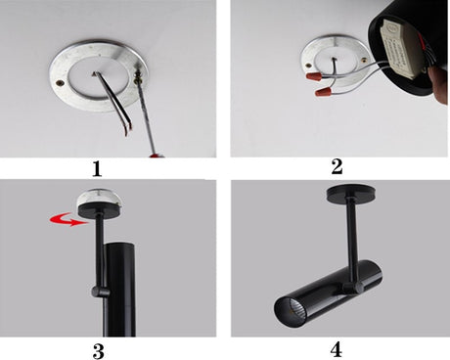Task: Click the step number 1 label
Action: [x=97, y=169]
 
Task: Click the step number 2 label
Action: [x=337, y=166]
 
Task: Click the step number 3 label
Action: [x=98, y=351]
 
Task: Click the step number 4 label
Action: [x=337, y=349]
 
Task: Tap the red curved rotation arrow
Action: [x=69, y=220]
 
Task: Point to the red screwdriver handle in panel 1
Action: [x=157, y=156]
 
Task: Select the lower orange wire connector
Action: [x=323, y=91]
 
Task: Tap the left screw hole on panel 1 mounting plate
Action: [x=60, y=83]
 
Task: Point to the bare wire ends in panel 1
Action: [x=127, y=130]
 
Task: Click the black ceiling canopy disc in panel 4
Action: [x=351, y=193]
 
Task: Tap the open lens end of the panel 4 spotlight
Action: [x=287, y=312]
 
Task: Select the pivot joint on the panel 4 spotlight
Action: [x=352, y=287]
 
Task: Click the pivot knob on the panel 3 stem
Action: [x=100, y=291]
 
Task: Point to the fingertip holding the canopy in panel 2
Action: [x=440, y=85]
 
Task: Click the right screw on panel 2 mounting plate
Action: [x=363, y=60]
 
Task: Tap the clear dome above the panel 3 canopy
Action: [x=100, y=200]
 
